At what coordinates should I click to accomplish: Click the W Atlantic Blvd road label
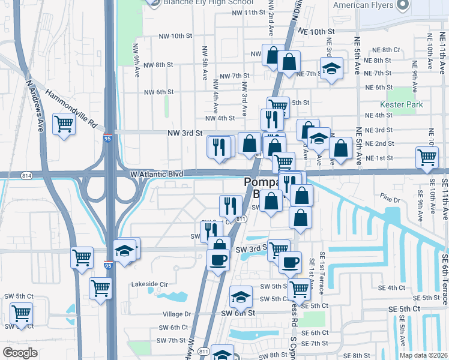click(157, 174)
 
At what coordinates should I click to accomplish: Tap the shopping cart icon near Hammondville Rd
click(64, 125)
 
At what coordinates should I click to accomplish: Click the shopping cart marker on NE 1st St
click(427, 157)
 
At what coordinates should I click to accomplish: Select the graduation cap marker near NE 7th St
click(330, 68)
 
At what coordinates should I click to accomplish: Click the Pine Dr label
click(390, 199)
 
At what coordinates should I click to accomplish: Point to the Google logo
click(20, 353)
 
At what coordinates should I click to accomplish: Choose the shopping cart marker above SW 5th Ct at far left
click(21, 313)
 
